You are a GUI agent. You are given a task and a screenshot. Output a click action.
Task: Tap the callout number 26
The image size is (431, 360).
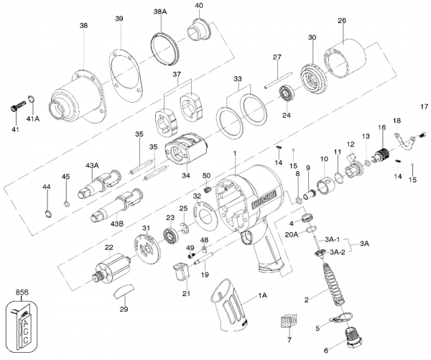(341, 20)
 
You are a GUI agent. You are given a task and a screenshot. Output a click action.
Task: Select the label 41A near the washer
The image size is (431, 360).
(33, 119)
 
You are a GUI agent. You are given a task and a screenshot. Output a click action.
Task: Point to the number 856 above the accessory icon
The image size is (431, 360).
(22, 293)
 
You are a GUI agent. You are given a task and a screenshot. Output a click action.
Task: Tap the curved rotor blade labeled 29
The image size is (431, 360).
(122, 292)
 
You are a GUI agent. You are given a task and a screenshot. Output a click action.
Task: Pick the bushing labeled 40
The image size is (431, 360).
(198, 32)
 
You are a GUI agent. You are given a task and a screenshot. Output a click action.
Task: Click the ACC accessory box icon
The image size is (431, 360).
(22, 323)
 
